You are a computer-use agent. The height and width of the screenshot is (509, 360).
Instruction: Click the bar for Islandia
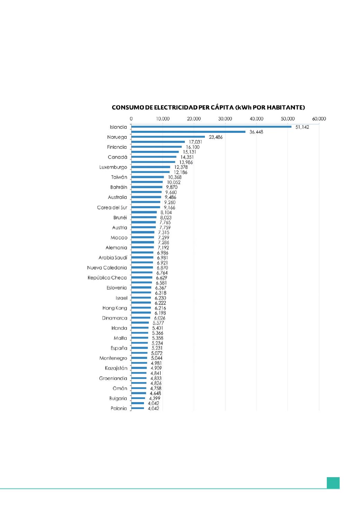point(211,127)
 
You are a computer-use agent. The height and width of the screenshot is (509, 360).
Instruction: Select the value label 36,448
point(256,132)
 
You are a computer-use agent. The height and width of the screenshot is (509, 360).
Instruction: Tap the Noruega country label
point(117,137)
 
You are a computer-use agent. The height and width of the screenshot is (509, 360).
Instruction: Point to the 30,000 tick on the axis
point(225,119)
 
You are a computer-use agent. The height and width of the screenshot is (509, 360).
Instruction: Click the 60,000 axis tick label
point(319,119)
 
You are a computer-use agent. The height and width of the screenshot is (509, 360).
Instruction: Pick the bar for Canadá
point(154,157)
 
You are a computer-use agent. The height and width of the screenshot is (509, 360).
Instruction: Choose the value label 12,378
point(181,167)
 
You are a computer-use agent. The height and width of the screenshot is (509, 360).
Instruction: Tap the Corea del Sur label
point(112,208)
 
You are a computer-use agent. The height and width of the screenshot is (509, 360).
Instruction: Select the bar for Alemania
point(143,247)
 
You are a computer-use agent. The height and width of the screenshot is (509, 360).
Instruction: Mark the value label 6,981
point(162,258)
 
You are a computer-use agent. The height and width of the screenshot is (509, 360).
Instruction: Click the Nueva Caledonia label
point(107,268)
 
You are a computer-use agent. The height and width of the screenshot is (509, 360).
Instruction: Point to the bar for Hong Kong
point(141,308)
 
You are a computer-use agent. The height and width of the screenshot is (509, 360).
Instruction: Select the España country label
point(119,348)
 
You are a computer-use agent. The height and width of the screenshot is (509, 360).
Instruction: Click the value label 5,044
point(156,358)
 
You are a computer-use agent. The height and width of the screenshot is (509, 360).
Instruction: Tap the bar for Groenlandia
point(139,378)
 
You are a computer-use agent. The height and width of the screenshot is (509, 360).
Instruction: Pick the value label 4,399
point(154,398)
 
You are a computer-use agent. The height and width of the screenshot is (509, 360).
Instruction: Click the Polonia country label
point(119,408)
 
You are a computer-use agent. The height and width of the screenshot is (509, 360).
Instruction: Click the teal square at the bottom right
point(333,483)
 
